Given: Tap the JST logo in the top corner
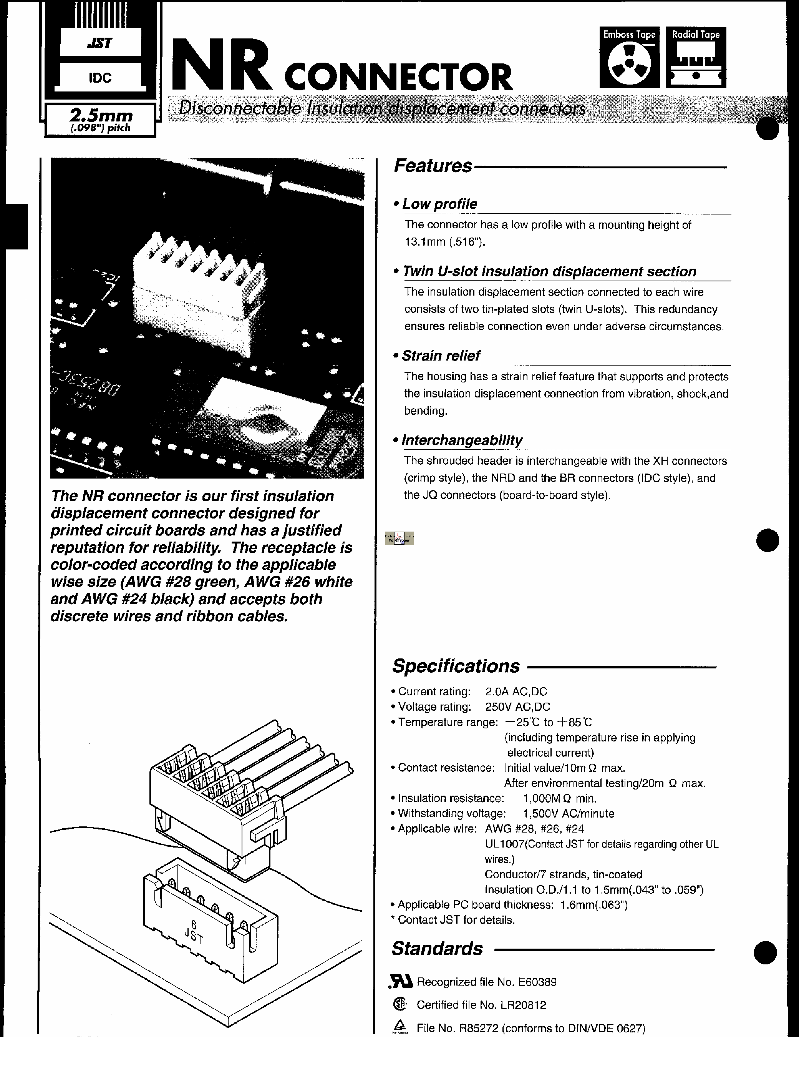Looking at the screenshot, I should pyautogui.click(x=100, y=43).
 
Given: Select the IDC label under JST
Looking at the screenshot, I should pyautogui.click(x=100, y=77).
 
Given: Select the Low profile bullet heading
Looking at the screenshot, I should pyautogui.click(x=439, y=204).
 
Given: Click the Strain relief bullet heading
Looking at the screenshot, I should pyautogui.click(x=441, y=356).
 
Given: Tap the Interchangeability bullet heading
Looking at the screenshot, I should pyautogui.click(x=462, y=440).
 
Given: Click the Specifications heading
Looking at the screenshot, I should pyautogui.click(x=456, y=666).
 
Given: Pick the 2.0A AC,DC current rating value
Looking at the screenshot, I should pyautogui.click(x=516, y=691).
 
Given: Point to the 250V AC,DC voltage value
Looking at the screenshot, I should pyautogui.click(x=517, y=707).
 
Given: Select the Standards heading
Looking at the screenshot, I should pyautogui.click(x=437, y=948).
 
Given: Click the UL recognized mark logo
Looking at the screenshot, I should pyautogui.click(x=401, y=982).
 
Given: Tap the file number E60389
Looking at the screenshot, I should pyautogui.click(x=537, y=982).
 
